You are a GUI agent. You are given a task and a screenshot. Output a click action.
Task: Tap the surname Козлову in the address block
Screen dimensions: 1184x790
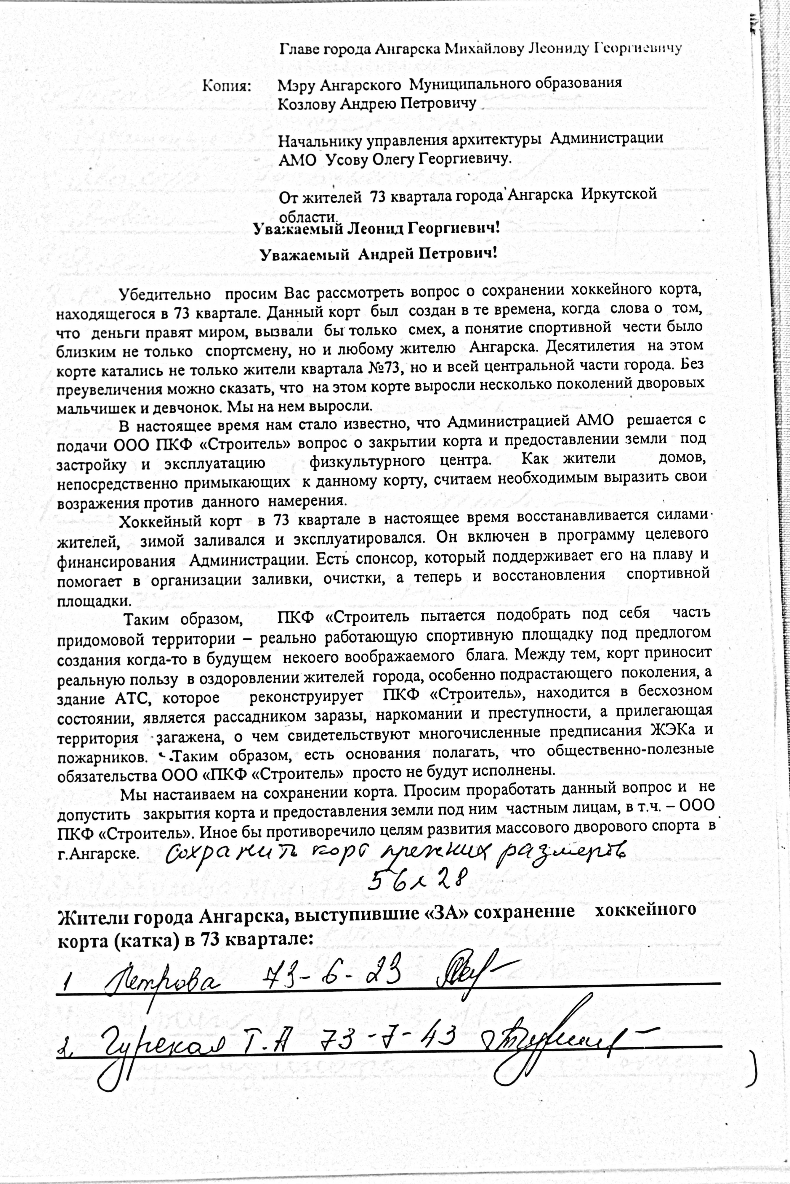click(306, 105)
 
